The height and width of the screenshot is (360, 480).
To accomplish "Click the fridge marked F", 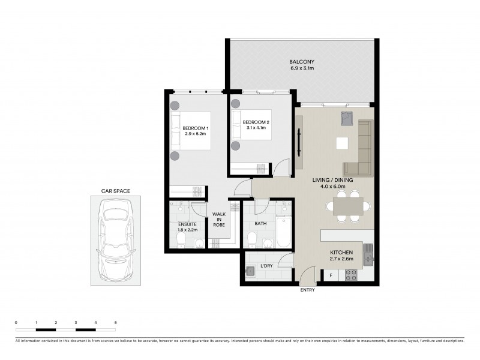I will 330,275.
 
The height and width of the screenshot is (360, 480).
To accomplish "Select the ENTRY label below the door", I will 307,290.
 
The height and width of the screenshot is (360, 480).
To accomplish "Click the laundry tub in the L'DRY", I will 251,271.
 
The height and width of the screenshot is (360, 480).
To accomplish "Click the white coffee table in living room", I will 342,143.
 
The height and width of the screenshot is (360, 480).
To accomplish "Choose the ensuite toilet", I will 182,239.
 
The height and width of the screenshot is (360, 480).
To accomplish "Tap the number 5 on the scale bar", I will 115,323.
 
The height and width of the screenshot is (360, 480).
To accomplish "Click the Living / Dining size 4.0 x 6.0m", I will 336,187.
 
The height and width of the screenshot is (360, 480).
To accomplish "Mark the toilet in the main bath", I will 253,239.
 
